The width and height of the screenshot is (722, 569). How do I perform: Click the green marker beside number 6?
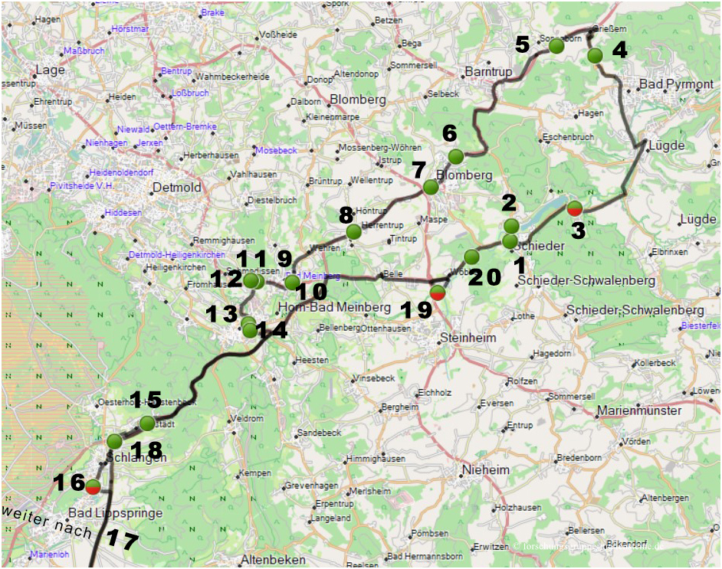tap(456, 157)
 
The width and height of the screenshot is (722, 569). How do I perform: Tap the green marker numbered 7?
tap(431, 187)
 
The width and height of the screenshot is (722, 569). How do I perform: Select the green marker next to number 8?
tap(353, 231)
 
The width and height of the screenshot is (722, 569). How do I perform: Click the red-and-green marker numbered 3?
tap(575, 208)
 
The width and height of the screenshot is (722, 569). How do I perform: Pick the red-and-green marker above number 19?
tap(437, 292)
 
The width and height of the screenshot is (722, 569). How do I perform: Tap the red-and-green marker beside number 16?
tap(93, 486)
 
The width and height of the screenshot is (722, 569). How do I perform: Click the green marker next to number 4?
tap(595, 56)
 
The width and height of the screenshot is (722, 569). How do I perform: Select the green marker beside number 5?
tap(557, 46)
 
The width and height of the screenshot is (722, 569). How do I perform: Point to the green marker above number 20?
tap(471, 257)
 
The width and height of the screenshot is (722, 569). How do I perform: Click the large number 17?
tap(123, 540)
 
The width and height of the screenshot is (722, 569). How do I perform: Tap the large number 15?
tap(146, 399)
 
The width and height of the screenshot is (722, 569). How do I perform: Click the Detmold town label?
tap(177, 188)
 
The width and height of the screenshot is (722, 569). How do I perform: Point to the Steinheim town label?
tap(468, 338)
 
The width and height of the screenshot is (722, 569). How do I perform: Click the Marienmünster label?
tap(639, 410)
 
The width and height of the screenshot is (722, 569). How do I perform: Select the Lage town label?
tap(50, 70)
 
